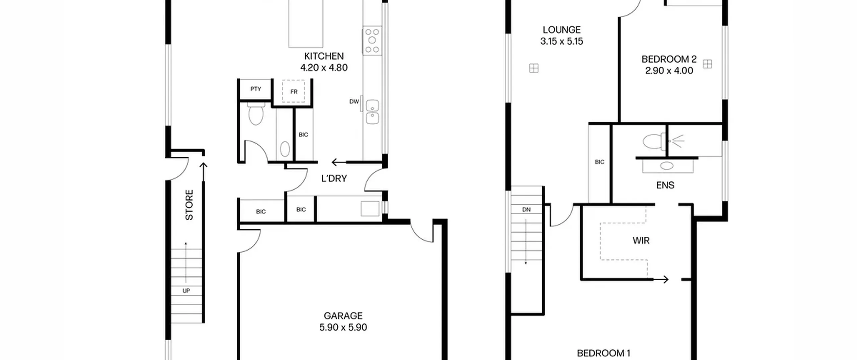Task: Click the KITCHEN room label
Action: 324,56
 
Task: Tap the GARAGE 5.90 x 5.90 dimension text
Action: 343,327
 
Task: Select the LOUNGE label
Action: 561,30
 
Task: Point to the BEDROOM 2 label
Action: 669,59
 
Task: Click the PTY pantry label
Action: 256,89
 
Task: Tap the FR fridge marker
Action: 294,91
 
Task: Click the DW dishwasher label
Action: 354,101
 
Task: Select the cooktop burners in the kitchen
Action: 372,41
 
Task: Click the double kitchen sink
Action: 372,112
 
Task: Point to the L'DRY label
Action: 334,178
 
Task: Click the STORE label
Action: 189,205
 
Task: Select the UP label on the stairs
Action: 186,291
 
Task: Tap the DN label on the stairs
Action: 526,210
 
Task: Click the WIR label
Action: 641,240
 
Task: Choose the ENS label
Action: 665,185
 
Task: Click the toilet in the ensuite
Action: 654,142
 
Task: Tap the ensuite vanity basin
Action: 667,165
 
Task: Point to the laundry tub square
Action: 370,209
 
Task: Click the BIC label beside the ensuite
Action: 600,162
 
